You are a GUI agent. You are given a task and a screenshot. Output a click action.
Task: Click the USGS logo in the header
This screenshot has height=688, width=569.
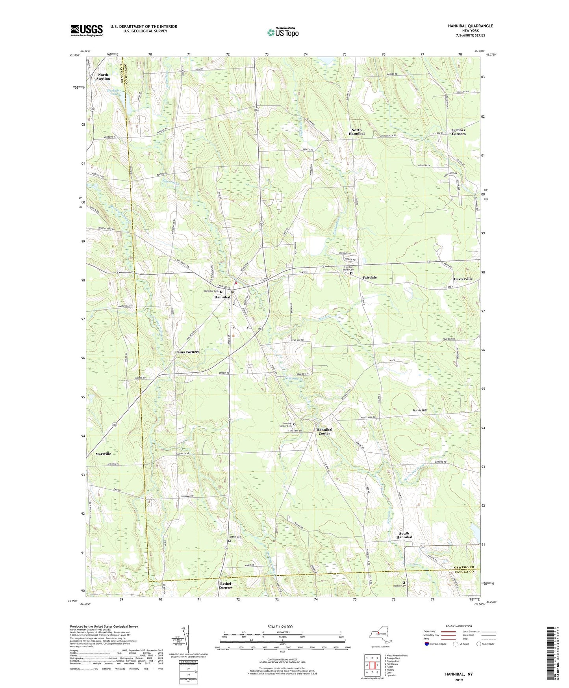(87, 30)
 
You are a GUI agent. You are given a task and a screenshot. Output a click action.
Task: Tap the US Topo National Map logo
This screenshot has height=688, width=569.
(282, 32)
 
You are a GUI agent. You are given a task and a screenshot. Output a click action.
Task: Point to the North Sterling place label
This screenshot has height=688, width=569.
(103, 76)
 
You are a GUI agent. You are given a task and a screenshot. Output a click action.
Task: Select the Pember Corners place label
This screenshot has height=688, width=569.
(458, 132)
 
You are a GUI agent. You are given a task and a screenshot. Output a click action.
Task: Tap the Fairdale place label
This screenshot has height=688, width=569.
(369, 277)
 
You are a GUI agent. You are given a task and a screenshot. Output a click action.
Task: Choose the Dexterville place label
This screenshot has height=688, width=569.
(463, 279)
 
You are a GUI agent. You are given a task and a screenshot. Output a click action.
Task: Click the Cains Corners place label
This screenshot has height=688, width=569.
(187, 352)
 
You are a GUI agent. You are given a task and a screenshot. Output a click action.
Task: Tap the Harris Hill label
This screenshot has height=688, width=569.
(420, 410)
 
